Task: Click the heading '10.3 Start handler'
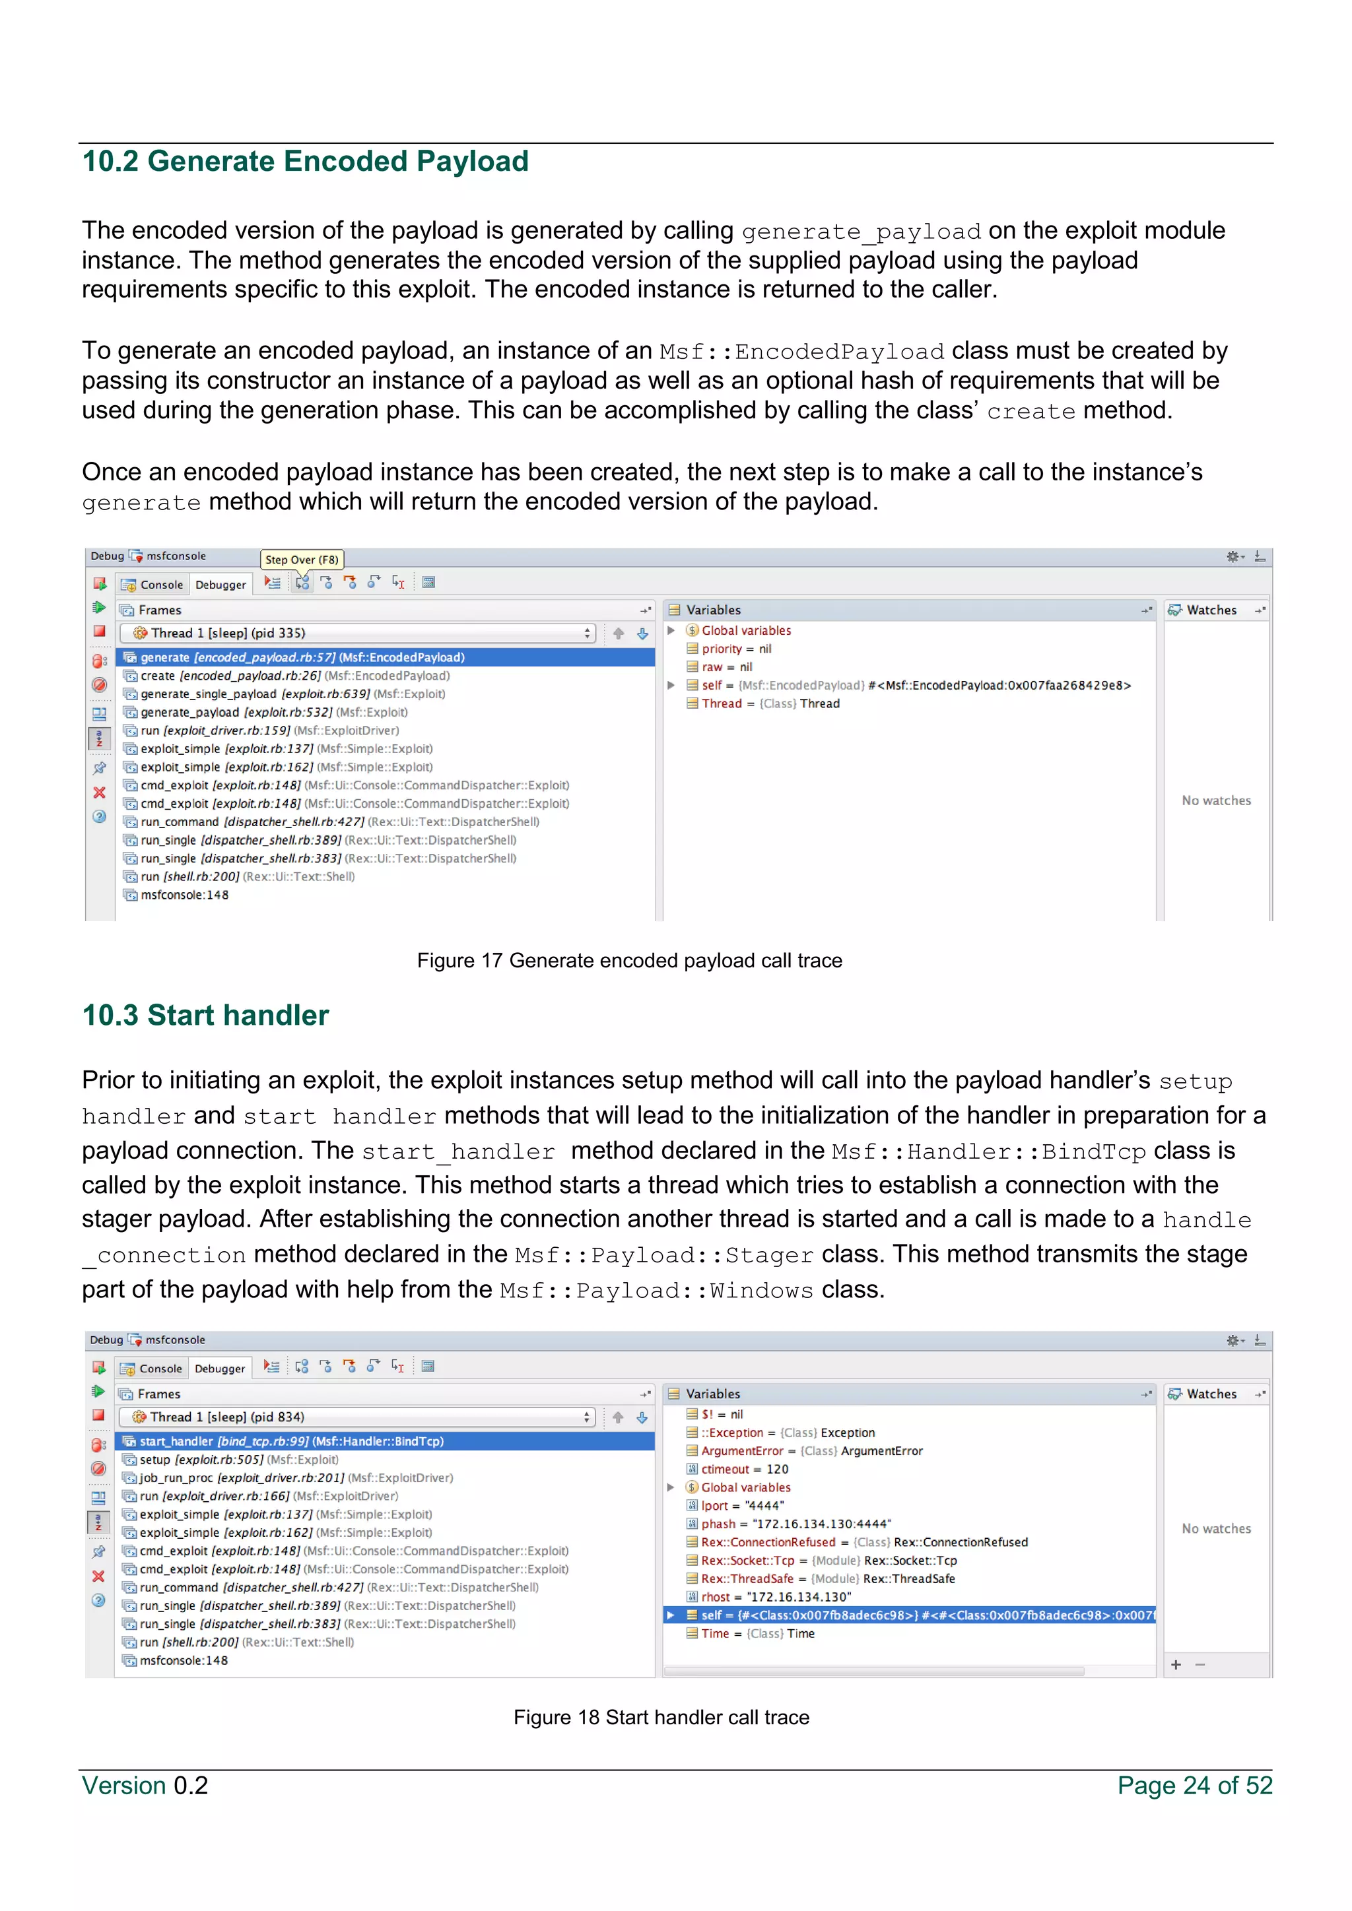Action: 205,1016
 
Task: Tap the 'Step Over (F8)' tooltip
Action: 302,560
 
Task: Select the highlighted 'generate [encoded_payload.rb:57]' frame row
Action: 302,657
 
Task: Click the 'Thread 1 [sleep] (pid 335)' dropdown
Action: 356,633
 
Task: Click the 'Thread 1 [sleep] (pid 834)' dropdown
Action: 356,1417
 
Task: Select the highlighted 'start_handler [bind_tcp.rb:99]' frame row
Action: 291,1441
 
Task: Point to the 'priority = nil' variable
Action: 736,649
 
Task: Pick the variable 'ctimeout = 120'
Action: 744,1469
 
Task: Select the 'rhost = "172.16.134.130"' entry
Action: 775,1596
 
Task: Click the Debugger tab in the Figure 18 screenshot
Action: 220,1369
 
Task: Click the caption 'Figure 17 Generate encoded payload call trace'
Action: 629,961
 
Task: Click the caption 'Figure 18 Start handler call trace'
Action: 661,1717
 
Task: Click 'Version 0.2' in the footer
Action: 145,1786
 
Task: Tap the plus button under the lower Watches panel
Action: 1176,1664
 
